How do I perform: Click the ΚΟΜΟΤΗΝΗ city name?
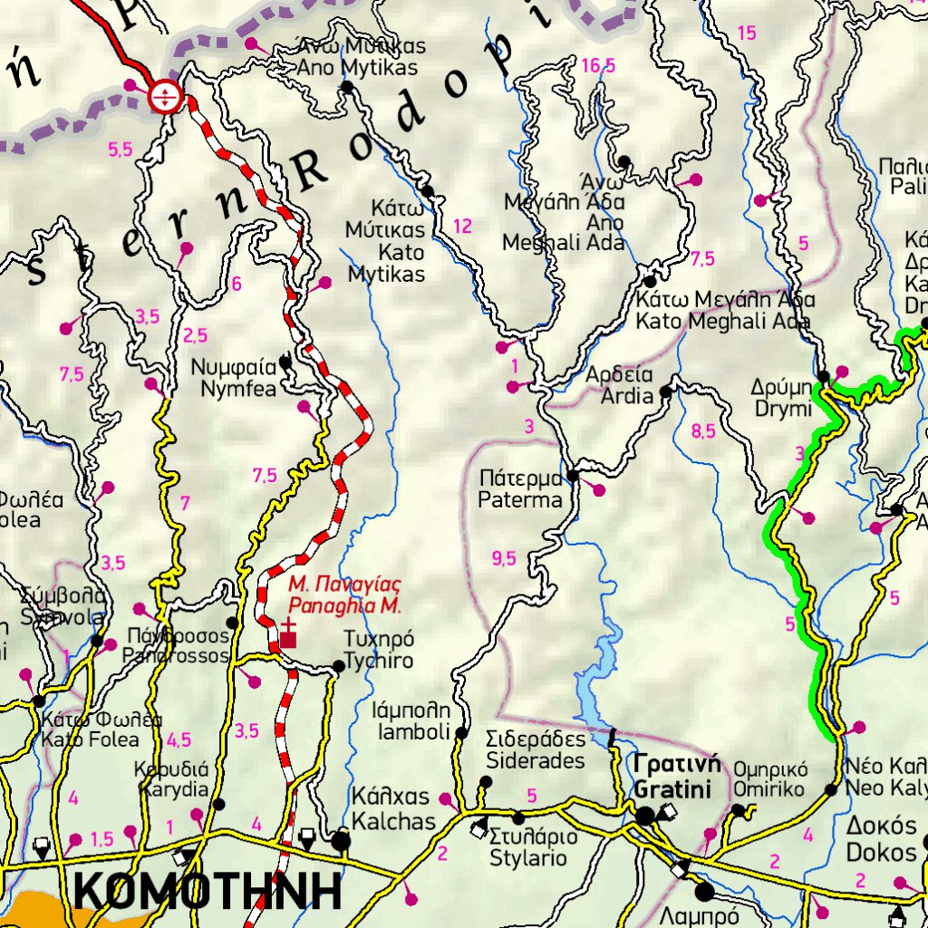208,892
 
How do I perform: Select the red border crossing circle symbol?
166,94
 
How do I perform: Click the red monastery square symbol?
288,640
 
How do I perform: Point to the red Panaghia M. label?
344,594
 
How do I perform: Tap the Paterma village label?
520,488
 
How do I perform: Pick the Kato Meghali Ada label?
724,310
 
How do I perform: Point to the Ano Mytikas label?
361,56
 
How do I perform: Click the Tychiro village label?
378,650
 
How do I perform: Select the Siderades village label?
536,749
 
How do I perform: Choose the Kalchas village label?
392,809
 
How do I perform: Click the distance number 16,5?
598,65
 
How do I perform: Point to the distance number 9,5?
504,559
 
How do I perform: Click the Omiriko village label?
768,779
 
